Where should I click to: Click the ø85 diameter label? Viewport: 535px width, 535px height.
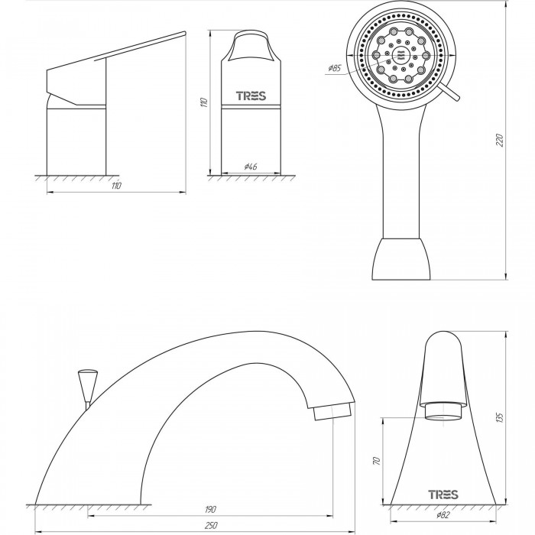coord(335,68)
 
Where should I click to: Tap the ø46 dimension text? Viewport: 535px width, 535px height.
coord(251,167)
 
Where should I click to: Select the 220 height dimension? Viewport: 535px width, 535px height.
coord(500,140)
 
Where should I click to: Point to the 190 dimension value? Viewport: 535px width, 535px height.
coord(210,510)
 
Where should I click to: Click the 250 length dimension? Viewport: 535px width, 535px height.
coord(211,526)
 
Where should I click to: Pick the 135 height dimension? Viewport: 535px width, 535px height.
coord(500,417)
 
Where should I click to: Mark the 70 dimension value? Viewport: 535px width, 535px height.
coord(377,462)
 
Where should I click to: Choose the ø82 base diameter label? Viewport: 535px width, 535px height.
coord(443,515)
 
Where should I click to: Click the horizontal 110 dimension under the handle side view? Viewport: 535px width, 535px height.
coord(116,186)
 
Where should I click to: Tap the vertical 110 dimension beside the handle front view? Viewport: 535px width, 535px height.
coord(204,102)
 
